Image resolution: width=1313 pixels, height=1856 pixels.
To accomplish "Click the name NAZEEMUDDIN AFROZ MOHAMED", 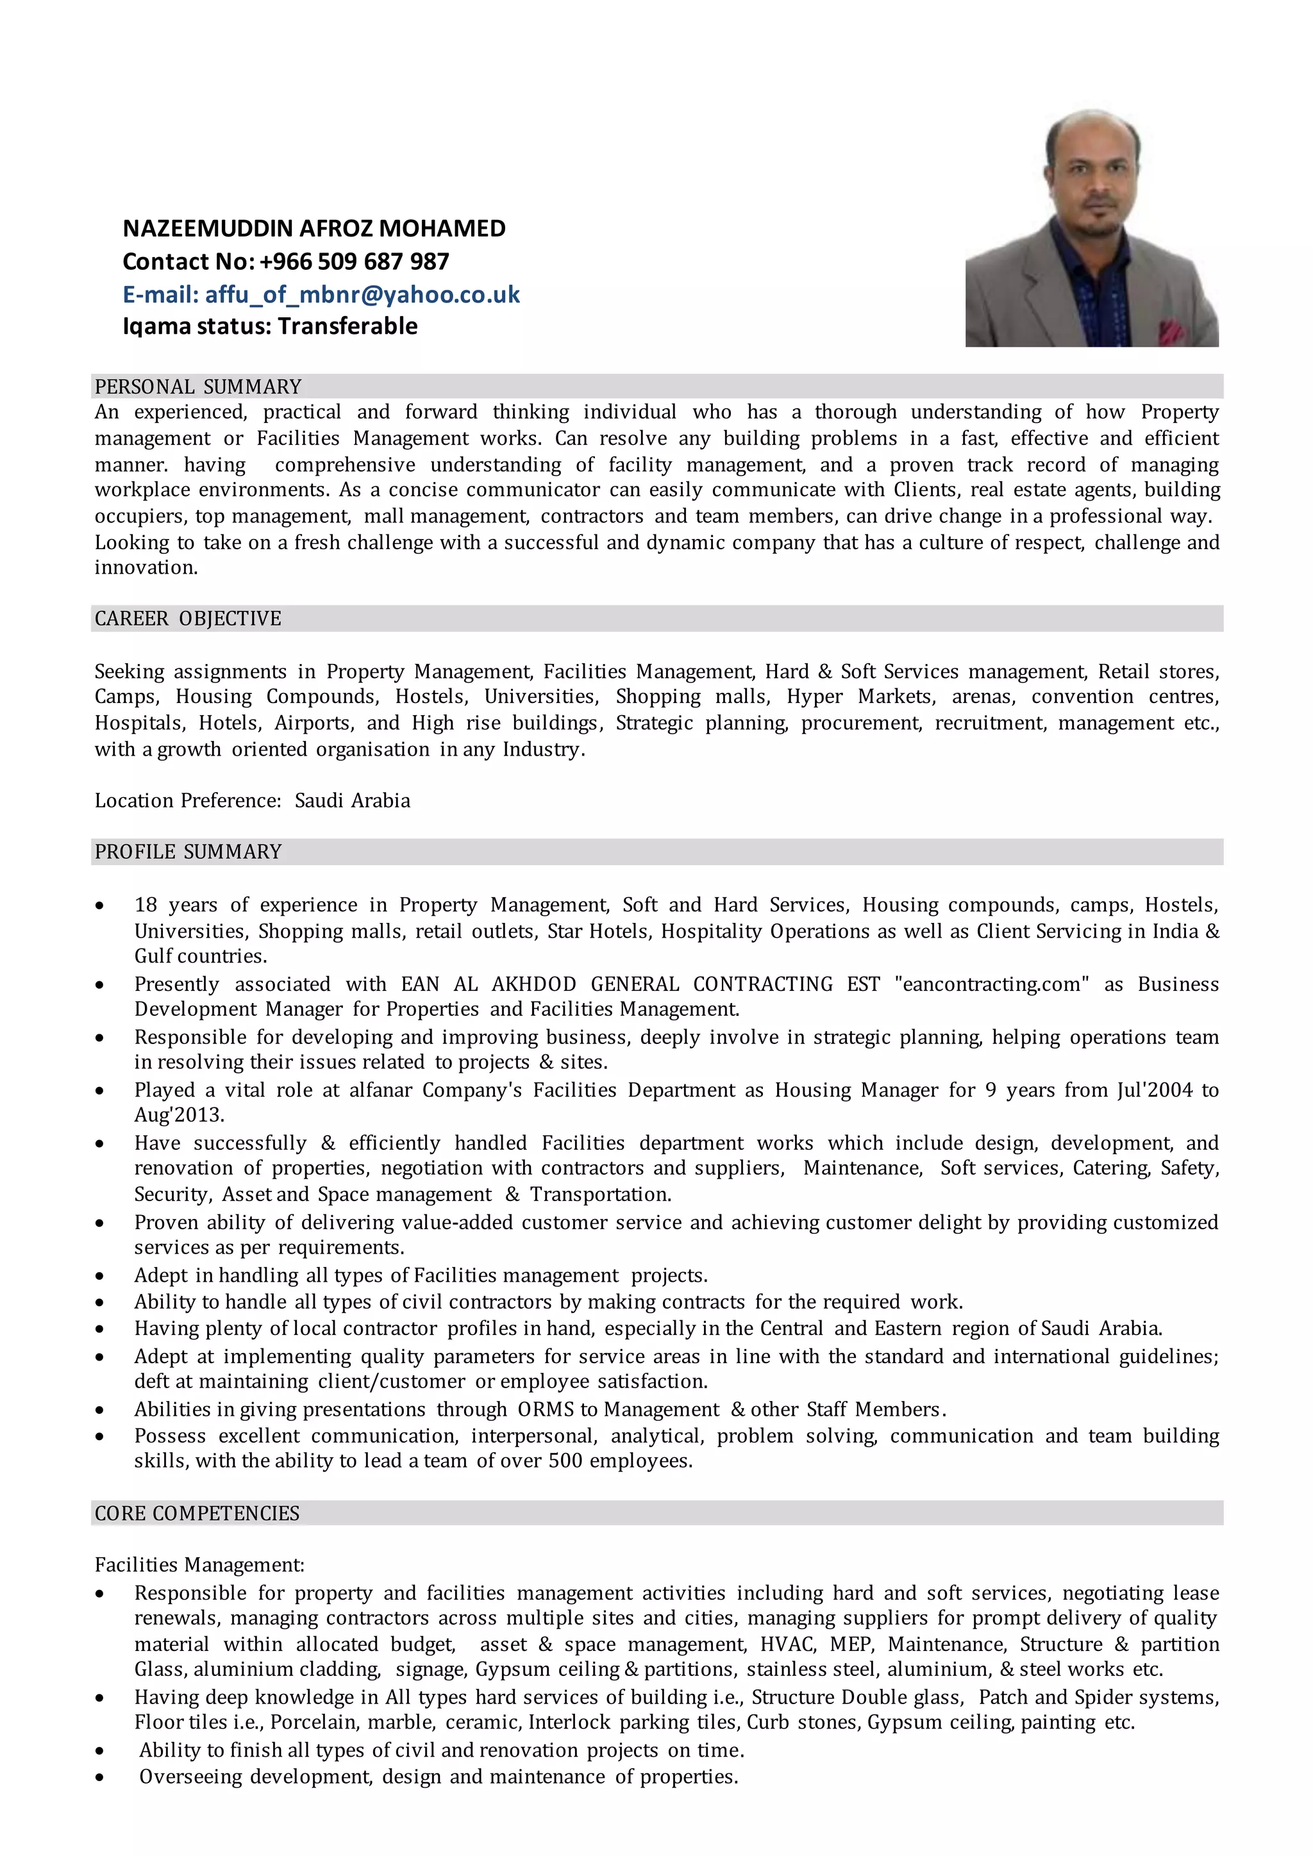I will pyautogui.click(x=314, y=229).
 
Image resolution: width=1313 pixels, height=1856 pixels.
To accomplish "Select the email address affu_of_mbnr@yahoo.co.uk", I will pyautogui.click(x=362, y=294).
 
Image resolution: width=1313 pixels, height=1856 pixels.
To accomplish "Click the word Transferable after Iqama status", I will pyautogui.click(x=347, y=327).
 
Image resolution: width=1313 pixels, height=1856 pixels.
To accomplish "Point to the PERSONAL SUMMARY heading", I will pyautogui.click(x=198, y=386).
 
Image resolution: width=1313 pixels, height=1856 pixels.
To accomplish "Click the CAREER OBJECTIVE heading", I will pyautogui.click(x=188, y=618).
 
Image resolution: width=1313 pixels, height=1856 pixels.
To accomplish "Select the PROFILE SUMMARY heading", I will pyautogui.click(x=188, y=852).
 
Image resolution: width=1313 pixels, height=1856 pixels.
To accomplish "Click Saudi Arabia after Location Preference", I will pyautogui.click(x=352, y=801).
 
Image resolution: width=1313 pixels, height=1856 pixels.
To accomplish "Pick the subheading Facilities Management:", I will pyautogui.click(x=199, y=1565).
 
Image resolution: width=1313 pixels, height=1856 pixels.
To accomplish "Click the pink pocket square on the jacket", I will pyautogui.click(x=1171, y=330).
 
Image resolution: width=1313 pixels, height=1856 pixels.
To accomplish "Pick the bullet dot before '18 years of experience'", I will pyautogui.click(x=99, y=906).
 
